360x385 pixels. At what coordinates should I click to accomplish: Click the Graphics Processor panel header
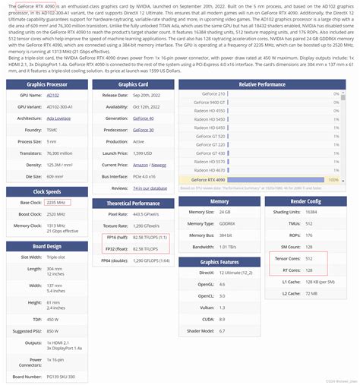(x=44, y=84)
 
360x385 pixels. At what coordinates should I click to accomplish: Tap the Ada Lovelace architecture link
(x=57, y=118)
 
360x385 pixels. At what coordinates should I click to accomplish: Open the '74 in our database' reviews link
(x=150, y=187)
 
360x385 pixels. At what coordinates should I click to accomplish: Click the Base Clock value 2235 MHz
(x=56, y=203)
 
